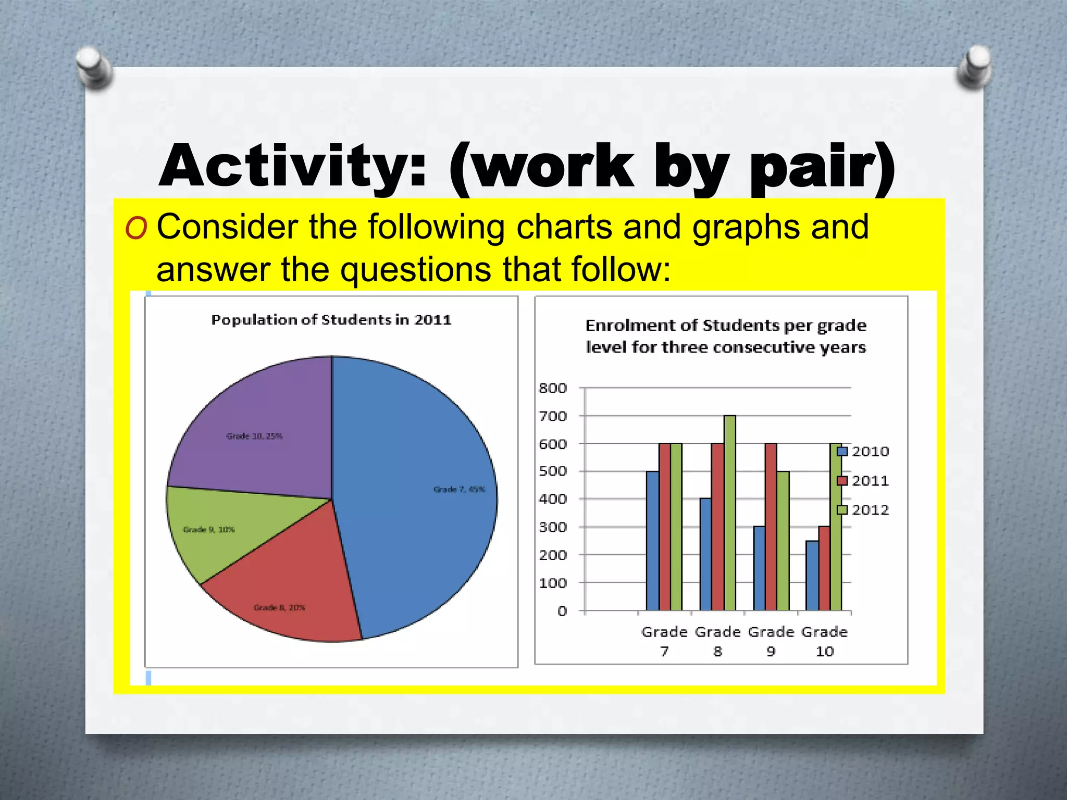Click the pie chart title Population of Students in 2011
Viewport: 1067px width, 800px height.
pos(331,320)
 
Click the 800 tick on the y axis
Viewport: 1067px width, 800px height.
pos(552,388)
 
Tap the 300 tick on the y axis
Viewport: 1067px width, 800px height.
pos(552,527)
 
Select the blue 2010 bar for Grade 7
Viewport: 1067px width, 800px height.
pos(652,542)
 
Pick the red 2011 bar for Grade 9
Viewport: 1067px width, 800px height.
pos(771,526)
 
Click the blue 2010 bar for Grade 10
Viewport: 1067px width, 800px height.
pos(812,576)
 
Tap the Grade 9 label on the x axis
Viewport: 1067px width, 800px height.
pos(771,641)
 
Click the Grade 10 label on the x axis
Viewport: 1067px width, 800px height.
pos(824,641)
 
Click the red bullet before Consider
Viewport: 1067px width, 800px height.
pos(136,228)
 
